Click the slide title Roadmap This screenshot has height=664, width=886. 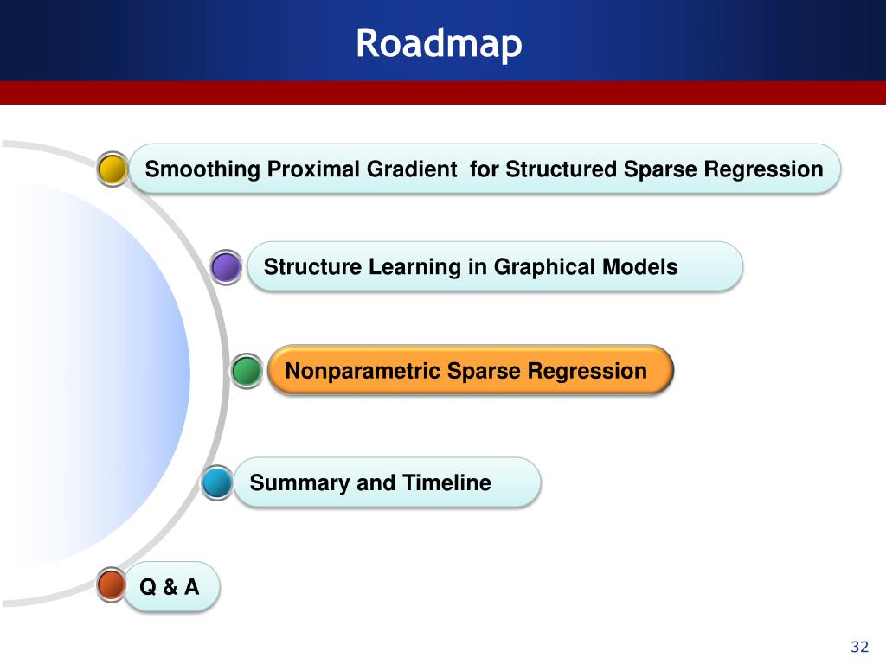(439, 43)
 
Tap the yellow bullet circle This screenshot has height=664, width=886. (112, 169)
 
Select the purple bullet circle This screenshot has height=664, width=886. (226, 267)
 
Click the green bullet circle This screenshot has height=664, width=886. (247, 371)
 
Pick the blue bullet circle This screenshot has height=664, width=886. (217, 482)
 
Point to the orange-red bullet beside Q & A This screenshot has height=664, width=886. (112, 584)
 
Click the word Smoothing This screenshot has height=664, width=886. (202, 169)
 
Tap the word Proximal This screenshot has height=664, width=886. (313, 169)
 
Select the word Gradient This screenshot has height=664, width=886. (412, 169)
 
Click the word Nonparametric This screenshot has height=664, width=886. (363, 372)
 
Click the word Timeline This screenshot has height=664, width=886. (446, 482)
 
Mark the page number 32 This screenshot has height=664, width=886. (859, 647)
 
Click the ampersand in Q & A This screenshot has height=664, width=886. (170, 587)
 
